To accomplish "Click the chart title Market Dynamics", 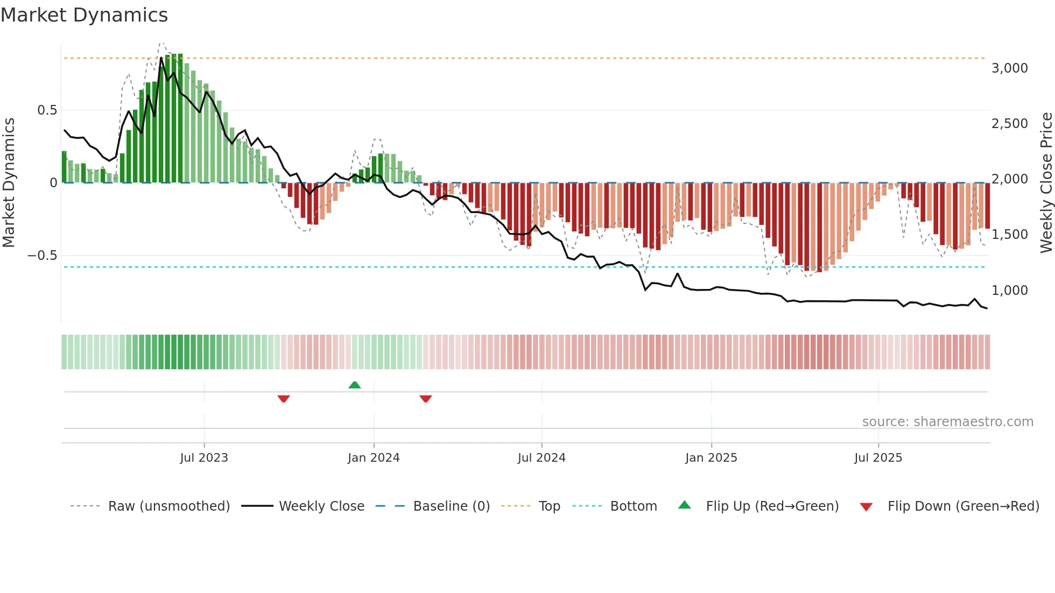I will click(x=84, y=15).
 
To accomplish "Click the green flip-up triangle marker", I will click(x=355, y=385).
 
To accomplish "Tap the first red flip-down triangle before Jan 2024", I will click(x=284, y=399).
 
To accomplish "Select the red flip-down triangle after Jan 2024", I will click(x=426, y=399).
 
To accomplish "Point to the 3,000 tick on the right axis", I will click(x=1009, y=68).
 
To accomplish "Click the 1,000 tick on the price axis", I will click(x=1009, y=291).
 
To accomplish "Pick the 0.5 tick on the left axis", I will click(x=47, y=110).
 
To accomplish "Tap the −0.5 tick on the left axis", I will click(x=43, y=256).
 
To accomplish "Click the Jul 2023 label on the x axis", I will click(x=204, y=458).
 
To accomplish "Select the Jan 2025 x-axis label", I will click(x=711, y=458).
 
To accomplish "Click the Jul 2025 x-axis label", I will click(x=878, y=458).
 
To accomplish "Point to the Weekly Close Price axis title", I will click(x=1046, y=182).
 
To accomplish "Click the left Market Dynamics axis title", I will click(x=9, y=182).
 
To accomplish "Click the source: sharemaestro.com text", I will click(x=947, y=422).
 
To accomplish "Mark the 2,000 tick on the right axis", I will click(x=1009, y=179).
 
